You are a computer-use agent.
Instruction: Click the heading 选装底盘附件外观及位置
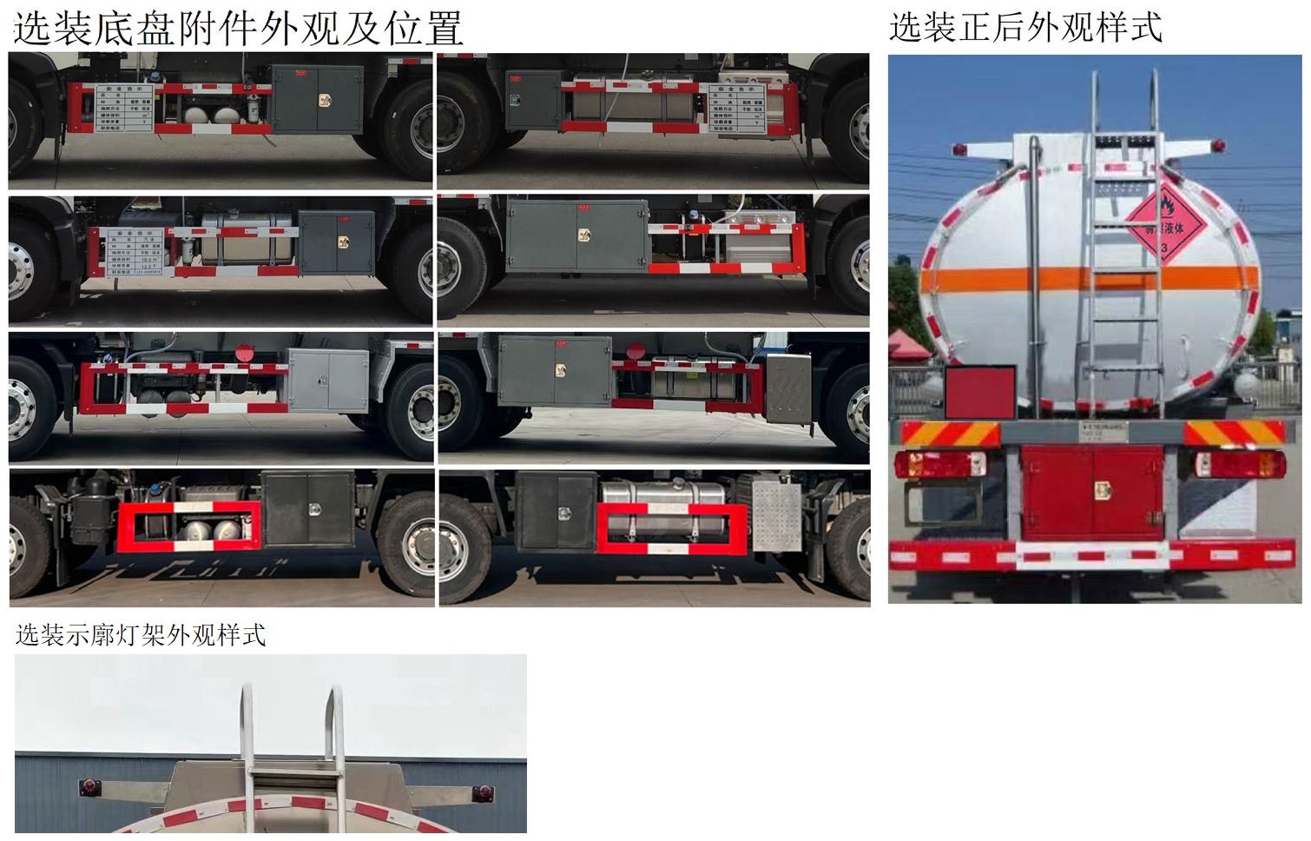click(238, 28)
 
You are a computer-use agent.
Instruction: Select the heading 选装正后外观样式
click(1025, 27)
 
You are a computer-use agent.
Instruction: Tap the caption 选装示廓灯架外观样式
click(141, 635)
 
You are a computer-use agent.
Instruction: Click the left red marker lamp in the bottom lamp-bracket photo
click(89, 787)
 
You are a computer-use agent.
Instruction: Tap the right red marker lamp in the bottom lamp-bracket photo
click(482, 794)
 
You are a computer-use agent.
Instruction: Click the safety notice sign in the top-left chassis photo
click(124, 108)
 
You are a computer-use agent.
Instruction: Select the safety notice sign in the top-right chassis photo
click(736, 108)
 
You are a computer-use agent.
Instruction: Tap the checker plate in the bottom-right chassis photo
click(776, 517)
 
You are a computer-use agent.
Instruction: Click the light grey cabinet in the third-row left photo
click(328, 381)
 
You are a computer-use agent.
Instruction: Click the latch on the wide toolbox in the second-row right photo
click(583, 235)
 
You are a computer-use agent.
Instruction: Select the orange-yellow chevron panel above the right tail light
click(1234, 433)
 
